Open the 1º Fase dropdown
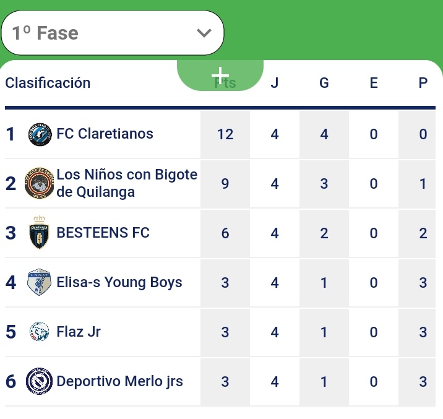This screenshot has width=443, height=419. pyautogui.click(x=112, y=33)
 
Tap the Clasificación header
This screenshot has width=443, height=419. pyautogui.click(x=48, y=83)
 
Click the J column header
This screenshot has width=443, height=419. pyautogui.click(x=275, y=83)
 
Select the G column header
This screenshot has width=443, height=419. pyautogui.click(x=324, y=83)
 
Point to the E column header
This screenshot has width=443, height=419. pyautogui.click(x=374, y=83)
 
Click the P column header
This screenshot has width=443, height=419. pyautogui.click(x=423, y=83)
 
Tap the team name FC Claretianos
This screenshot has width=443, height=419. pyautogui.click(x=105, y=134)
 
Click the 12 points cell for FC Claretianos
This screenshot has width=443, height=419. pyautogui.click(x=225, y=134)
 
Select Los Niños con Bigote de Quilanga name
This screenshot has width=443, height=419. pyautogui.click(x=127, y=183)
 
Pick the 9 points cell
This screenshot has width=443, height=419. pyautogui.click(x=225, y=184)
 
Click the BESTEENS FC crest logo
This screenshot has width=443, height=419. pyautogui.click(x=39, y=233)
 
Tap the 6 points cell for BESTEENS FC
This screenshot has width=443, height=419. pyautogui.click(x=225, y=233)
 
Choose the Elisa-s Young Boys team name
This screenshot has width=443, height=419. pyautogui.click(x=119, y=283)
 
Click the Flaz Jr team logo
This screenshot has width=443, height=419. pyautogui.click(x=39, y=332)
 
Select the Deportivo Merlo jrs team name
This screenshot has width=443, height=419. pyautogui.click(x=119, y=381)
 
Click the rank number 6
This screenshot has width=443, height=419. pyautogui.click(x=11, y=381)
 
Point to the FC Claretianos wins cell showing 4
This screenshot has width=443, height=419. pyautogui.click(x=324, y=134)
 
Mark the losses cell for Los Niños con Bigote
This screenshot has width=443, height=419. pyautogui.click(x=423, y=184)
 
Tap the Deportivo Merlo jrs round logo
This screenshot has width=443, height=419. pyautogui.click(x=39, y=381)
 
